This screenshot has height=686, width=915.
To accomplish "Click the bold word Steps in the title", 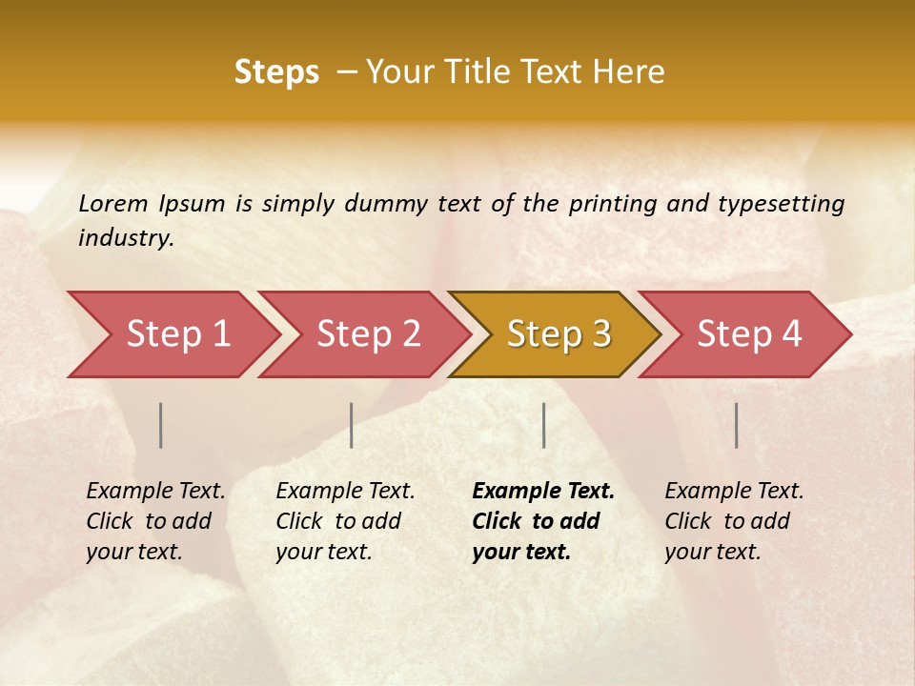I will tap(276, 72).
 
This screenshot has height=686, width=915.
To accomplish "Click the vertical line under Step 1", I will tap(161, 425).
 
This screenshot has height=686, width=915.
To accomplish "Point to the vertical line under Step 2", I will tap(352, 425).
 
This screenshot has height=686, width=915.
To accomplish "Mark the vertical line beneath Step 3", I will tap(543, 425).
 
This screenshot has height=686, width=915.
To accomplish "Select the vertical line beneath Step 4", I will tap(736, 425).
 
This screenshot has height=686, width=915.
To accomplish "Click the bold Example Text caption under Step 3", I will tap(542, 521).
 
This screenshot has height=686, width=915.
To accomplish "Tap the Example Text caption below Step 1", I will tap(155, 521).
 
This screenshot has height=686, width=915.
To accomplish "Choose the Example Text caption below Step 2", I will tap(345, 521).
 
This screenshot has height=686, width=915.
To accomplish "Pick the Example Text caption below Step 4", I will tap(734, 521).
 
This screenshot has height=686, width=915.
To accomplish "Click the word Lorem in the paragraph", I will tap(112, 203).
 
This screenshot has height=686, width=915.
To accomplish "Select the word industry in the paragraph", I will tap(125, 238).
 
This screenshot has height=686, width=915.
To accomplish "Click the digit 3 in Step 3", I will tap(600, 334).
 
